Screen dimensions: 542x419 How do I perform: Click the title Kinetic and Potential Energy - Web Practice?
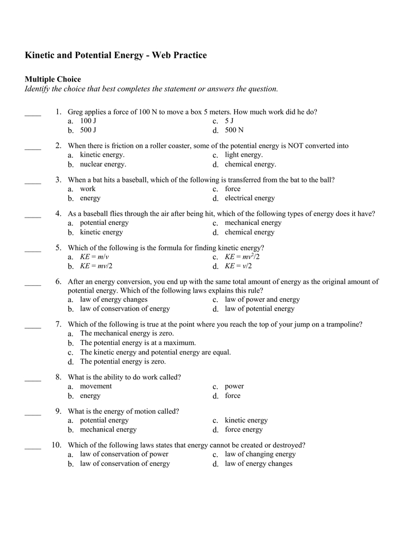tap(116, 56)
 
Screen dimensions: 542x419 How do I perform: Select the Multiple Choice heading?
tap(53, 79)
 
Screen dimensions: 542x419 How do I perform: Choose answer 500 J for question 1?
tap(88, 130)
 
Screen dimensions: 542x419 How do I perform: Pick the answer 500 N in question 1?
tap(234, 130)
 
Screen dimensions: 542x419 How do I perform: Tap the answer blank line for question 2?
tap(33, 149)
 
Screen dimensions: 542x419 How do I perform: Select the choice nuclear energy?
tap(103, 165)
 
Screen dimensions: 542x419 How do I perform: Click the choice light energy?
tap(244, 155)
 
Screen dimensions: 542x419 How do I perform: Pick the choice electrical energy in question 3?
tap(249, 198)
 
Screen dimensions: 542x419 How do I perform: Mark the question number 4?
tap(58, 214)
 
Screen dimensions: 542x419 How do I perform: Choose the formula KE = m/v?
tap(94, 257)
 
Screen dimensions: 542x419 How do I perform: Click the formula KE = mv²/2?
tap(242, 257)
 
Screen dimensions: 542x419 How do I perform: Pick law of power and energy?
tap(262, 300)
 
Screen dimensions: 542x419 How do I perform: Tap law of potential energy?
tap(260, 309)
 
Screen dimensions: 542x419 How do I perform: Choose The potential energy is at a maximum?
tap(138, 343)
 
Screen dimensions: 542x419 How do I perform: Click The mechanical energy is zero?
tap(127, 333)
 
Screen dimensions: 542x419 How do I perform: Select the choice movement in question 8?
tap(96, 386)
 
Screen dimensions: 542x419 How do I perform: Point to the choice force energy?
tap(244, 430)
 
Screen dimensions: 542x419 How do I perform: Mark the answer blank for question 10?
tap(33, 448)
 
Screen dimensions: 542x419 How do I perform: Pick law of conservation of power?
tap(124, 454)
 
